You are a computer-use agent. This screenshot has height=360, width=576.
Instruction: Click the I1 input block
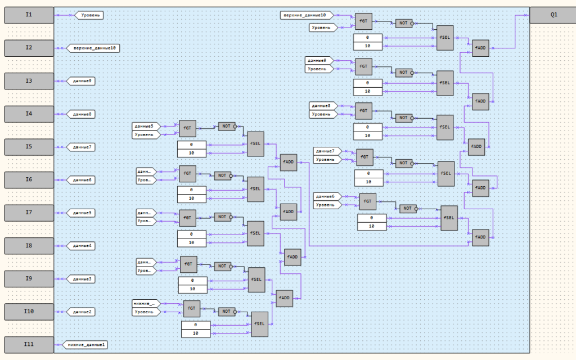tap(29, 15)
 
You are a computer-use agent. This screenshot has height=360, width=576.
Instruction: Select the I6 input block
tap(29, 180)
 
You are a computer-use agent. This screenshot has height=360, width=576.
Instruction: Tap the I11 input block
tap(29, 344)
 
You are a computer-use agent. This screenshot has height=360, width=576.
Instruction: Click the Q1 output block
tap(553, 15)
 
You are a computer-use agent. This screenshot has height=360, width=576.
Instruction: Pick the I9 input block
tap(29, 279)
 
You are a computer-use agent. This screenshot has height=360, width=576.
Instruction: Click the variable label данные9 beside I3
tap(82, 81)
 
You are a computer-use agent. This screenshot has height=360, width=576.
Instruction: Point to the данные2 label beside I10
tap(82, 312)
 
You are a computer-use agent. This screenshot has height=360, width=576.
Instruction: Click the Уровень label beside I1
tap(88, 15)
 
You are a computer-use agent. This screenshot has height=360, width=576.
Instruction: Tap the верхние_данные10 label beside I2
tap(94, 48)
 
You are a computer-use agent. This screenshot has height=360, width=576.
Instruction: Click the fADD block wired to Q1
tap(480, 48)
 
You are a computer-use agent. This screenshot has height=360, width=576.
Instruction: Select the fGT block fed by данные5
tap(187, 128)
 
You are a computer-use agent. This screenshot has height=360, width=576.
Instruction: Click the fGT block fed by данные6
tap(368, 201)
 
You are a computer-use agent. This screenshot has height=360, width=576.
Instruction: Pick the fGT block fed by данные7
tap(365, 157)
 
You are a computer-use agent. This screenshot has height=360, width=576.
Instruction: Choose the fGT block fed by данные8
tap(363, 110)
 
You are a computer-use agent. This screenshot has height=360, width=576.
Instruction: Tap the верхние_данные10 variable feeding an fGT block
tap(307, 15)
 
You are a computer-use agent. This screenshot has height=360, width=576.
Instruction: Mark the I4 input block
tap(29, 114)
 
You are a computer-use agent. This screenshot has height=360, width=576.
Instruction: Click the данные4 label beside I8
tap(82, 246)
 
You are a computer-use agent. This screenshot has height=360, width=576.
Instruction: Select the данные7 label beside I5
tap(82, 147)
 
